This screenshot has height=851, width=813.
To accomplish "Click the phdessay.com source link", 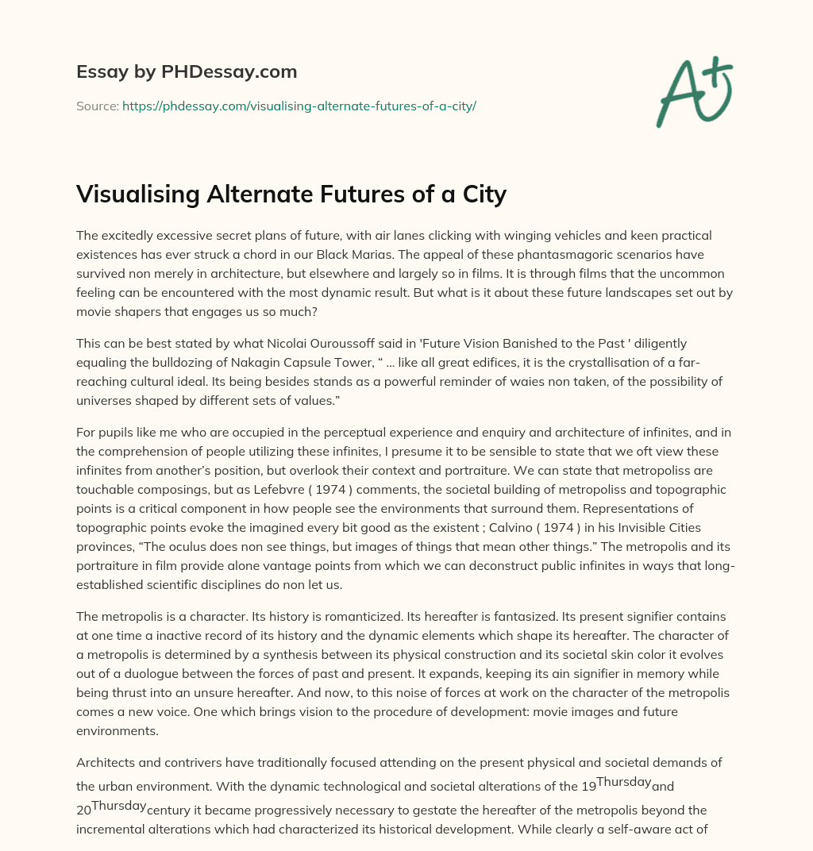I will tap(299, 106).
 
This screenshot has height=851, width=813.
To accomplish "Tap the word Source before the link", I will tap(97, 106).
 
